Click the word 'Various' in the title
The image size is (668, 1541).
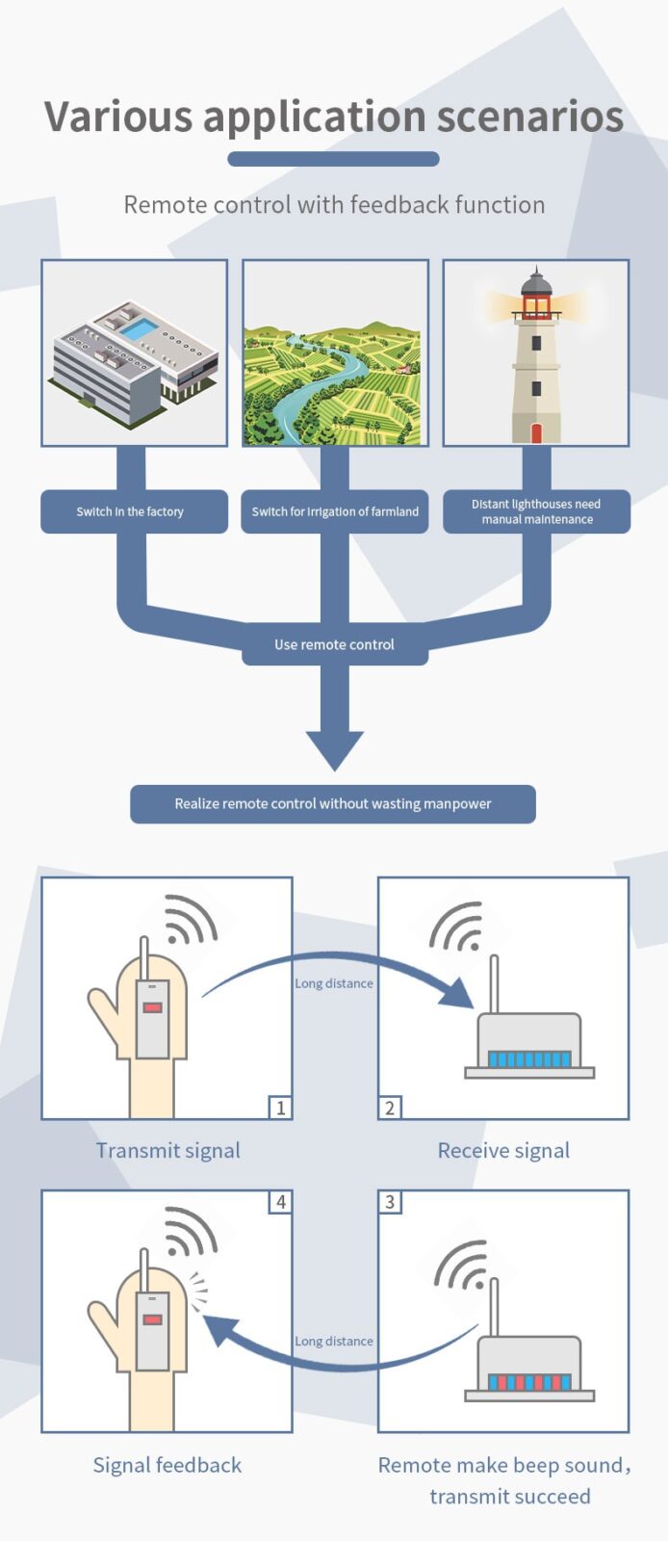point(118,117)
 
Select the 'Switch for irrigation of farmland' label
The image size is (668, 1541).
point(335,511)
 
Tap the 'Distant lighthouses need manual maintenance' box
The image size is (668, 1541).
point(536,511)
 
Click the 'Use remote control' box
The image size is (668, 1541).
point(334,644)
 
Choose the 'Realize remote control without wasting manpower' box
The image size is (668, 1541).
point(333,803)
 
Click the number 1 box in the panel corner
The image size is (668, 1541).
point(280,1108)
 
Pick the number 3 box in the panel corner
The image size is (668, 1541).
point(390,1202)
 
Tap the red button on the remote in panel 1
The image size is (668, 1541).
point(152,1007)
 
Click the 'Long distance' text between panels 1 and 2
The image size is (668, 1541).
point(334,983)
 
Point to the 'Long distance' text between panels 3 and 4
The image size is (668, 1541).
point(334,1341)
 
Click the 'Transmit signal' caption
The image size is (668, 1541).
point(167,1150)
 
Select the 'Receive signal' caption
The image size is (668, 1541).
point(503,1150)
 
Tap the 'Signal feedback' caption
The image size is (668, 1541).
point(167,1465)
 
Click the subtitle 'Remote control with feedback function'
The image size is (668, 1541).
point(334,204)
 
